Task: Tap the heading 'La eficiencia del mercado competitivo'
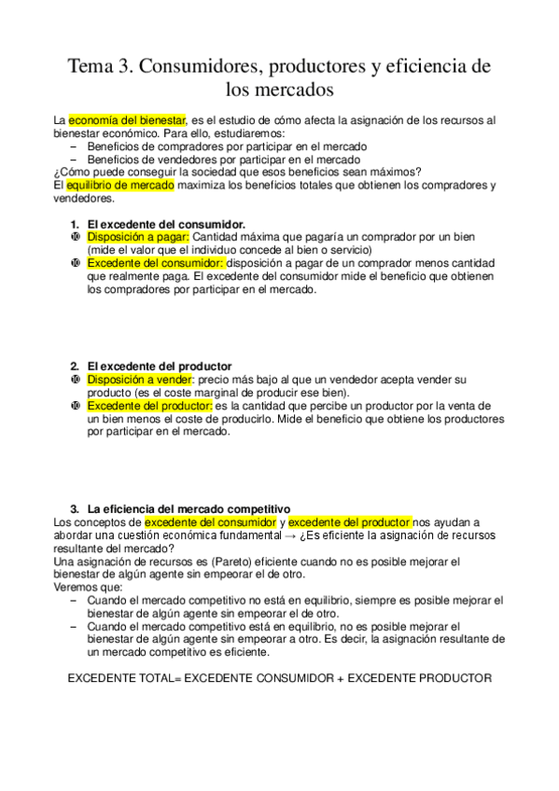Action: pos(189,509)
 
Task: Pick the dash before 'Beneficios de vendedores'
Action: pos(75,160)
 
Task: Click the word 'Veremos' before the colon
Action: pos(78,588)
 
